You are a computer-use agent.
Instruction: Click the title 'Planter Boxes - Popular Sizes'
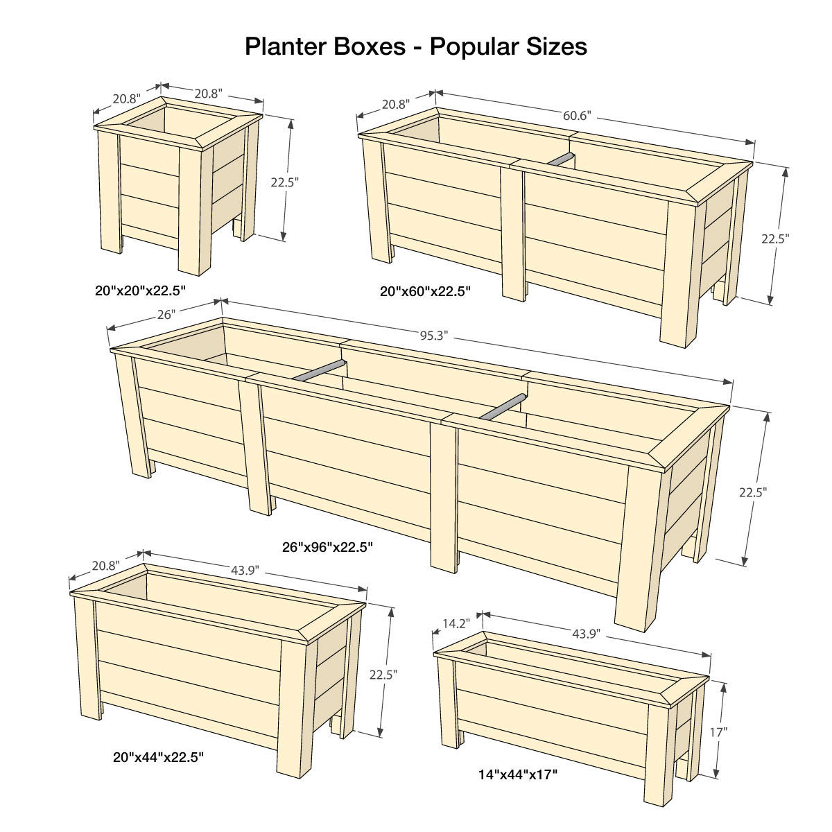[x=416, y=46]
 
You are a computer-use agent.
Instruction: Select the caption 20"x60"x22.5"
[x=426, y=291]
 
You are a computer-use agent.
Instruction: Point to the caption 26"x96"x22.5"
[x=328, y=547]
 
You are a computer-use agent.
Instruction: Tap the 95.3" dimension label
[x=434, y=336]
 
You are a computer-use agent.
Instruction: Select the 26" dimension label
[x=166, y=314]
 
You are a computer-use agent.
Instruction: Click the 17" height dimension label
[x=718, y=731]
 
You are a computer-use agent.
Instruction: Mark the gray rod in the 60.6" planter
[x=560, y=160]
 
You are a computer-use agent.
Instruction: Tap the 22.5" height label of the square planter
[x=284, y=182]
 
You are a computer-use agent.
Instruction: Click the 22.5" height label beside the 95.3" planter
[x=753, y=492]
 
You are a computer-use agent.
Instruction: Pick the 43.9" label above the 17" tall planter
[x=587, y=634]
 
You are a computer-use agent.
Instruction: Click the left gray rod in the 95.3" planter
[x=318, y=370]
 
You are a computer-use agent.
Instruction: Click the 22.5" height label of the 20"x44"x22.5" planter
[x=383, y=673]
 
